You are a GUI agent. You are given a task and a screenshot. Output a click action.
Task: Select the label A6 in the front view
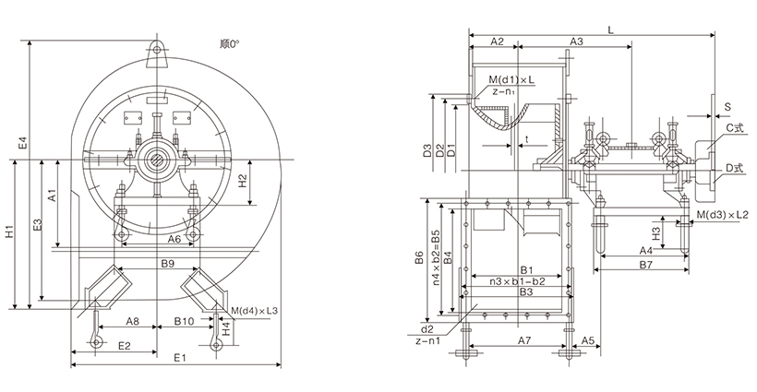(x=174, y=239)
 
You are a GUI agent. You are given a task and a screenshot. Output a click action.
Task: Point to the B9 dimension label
(x=167, y=263)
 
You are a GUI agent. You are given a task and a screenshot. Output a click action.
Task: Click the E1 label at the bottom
(x=180, y=357)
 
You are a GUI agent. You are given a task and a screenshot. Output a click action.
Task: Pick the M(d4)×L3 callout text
(x=254, y=311)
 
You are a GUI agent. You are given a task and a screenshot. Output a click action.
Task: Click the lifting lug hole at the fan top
(x=157, y=48)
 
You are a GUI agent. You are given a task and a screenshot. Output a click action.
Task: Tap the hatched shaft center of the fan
(x=157, y=160)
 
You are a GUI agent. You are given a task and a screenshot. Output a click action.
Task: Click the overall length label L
(x=611, y=30)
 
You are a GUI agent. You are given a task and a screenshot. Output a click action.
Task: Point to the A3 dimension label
(x=576, y=42)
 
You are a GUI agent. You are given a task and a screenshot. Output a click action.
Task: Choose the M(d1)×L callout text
(x=511, y=80)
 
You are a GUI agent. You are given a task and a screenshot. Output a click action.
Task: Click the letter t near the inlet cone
(x=527, y=139)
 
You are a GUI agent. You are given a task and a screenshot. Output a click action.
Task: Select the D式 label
(x=733, y=168)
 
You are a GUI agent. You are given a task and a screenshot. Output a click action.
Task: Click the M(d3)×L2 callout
(x=723, y=214)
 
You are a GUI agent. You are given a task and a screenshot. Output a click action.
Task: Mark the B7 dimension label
(x=646, y=264)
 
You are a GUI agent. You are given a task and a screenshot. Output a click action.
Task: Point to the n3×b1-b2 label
(x=517, y=281)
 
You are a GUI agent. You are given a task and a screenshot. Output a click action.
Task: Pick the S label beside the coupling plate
(x=728, y=107)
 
